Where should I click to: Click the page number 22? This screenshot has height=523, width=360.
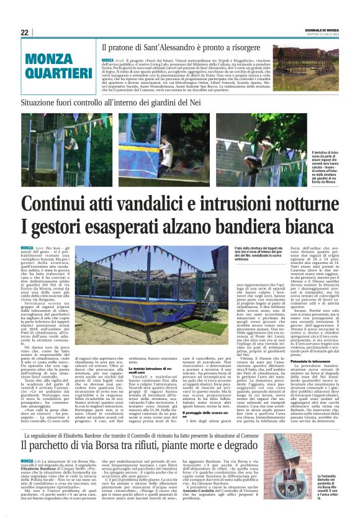pos(25,32)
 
